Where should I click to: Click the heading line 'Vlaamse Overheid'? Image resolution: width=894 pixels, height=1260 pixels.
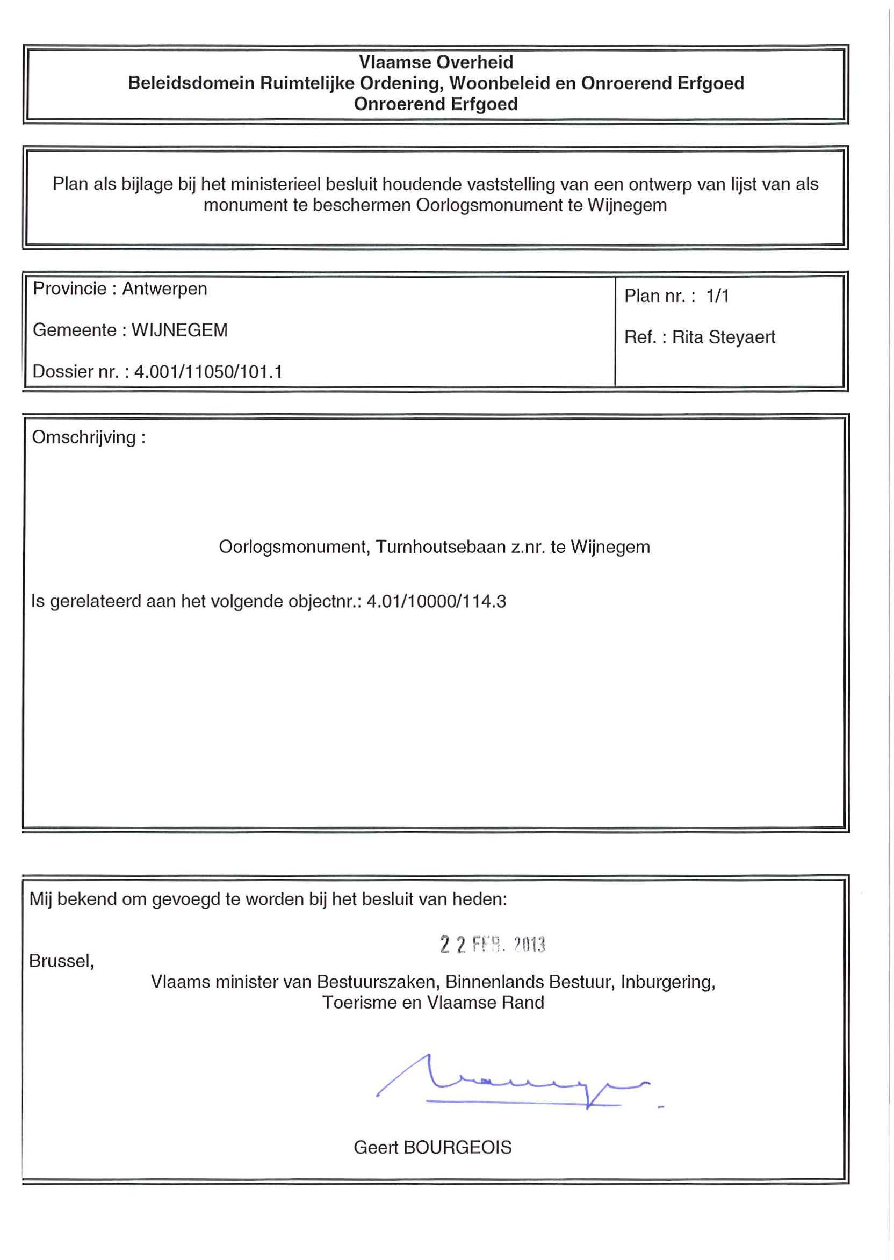(x=436, y=62)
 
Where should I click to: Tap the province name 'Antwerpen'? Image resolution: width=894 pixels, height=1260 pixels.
(x=164, y=289)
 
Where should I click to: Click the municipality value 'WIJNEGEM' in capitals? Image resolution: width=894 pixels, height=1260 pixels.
(x=179, y=330)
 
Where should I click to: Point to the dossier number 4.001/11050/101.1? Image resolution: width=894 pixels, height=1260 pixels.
(x=208, y=372)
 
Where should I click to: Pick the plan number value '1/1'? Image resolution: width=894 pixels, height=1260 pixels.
(x=718, y=296)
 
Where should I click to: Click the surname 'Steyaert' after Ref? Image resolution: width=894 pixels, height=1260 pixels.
(x=741, y=337)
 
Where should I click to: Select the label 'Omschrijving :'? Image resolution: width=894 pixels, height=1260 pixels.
(x=89, y=437)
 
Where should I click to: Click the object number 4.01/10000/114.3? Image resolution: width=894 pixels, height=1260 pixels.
(x=436, y=601)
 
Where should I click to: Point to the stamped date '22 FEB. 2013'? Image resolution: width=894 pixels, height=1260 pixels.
(x=493, y=945)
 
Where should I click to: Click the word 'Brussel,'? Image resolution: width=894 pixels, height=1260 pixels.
(x=62, y=961)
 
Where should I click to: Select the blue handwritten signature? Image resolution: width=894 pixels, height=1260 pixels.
(x=512, y=1082)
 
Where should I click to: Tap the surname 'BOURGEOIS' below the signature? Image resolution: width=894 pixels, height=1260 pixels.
(x=457, y=1147)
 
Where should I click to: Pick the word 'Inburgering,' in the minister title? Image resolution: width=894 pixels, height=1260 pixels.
(x=668, y=982)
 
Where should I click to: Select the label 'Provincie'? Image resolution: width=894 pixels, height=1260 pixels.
(x=69, y=289)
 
